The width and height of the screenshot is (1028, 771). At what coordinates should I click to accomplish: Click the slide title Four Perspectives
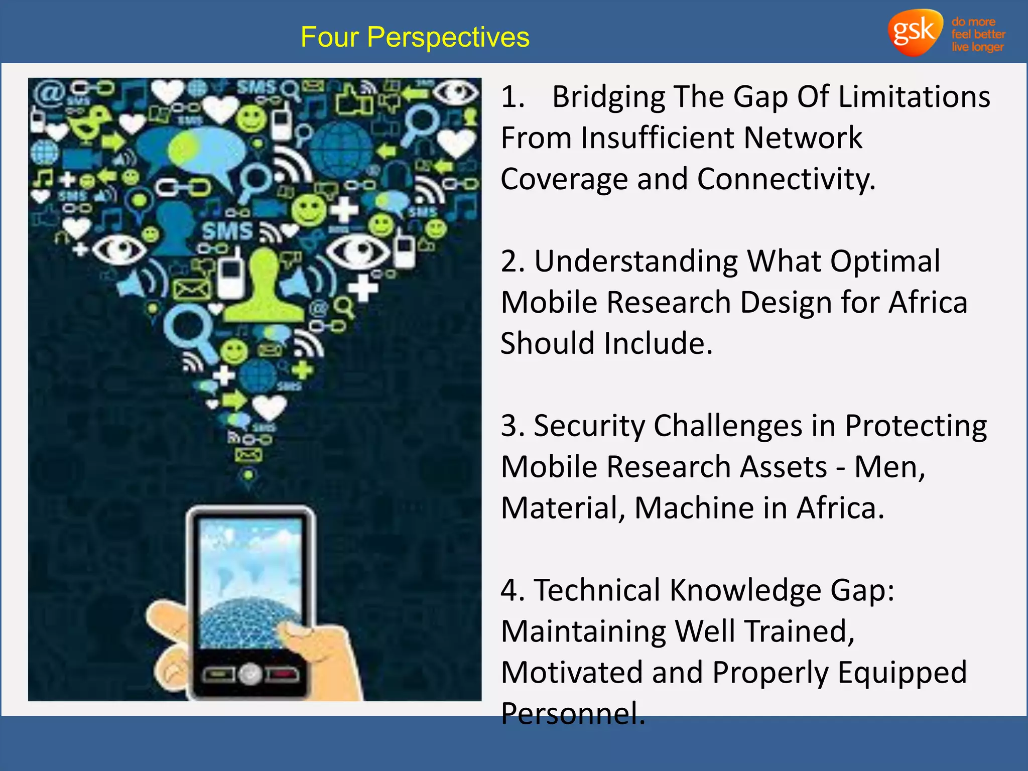pos(415,37)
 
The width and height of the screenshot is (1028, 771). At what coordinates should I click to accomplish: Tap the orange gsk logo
pos(915,32)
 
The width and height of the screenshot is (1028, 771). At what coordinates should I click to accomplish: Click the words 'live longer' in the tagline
pos(977,47)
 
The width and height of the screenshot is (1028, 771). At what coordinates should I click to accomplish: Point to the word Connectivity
pos(786,179)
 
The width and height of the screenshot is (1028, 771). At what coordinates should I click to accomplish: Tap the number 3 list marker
pos(512,426)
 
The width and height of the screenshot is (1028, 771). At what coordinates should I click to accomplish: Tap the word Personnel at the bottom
pos(572,713)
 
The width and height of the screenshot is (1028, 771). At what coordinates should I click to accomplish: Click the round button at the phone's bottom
pos(249,674)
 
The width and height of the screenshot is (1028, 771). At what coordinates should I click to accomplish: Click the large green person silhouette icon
pos(264,286)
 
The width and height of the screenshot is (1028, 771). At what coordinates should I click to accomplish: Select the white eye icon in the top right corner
pos(456,92)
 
